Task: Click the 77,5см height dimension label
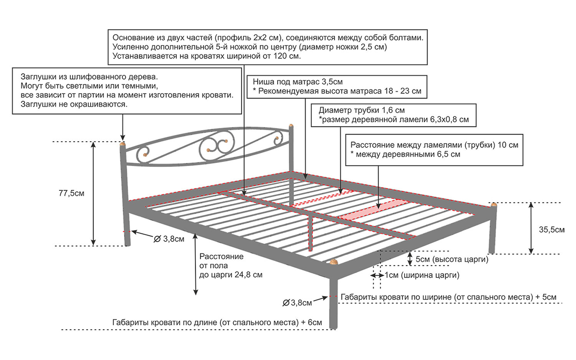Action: (72, 193)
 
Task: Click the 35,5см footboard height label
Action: (551, 230)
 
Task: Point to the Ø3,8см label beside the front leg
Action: (297, 303)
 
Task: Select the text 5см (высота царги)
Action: (452, 260)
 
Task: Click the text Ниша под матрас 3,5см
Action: (297, 82)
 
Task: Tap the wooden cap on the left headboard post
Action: (122, 144)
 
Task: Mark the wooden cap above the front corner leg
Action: (333, 261)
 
